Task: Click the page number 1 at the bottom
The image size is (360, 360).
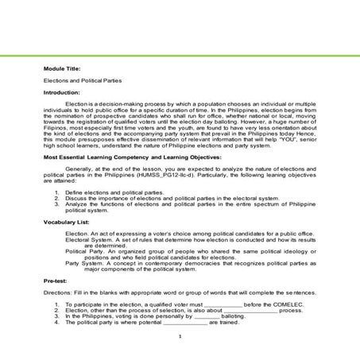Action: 180,336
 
